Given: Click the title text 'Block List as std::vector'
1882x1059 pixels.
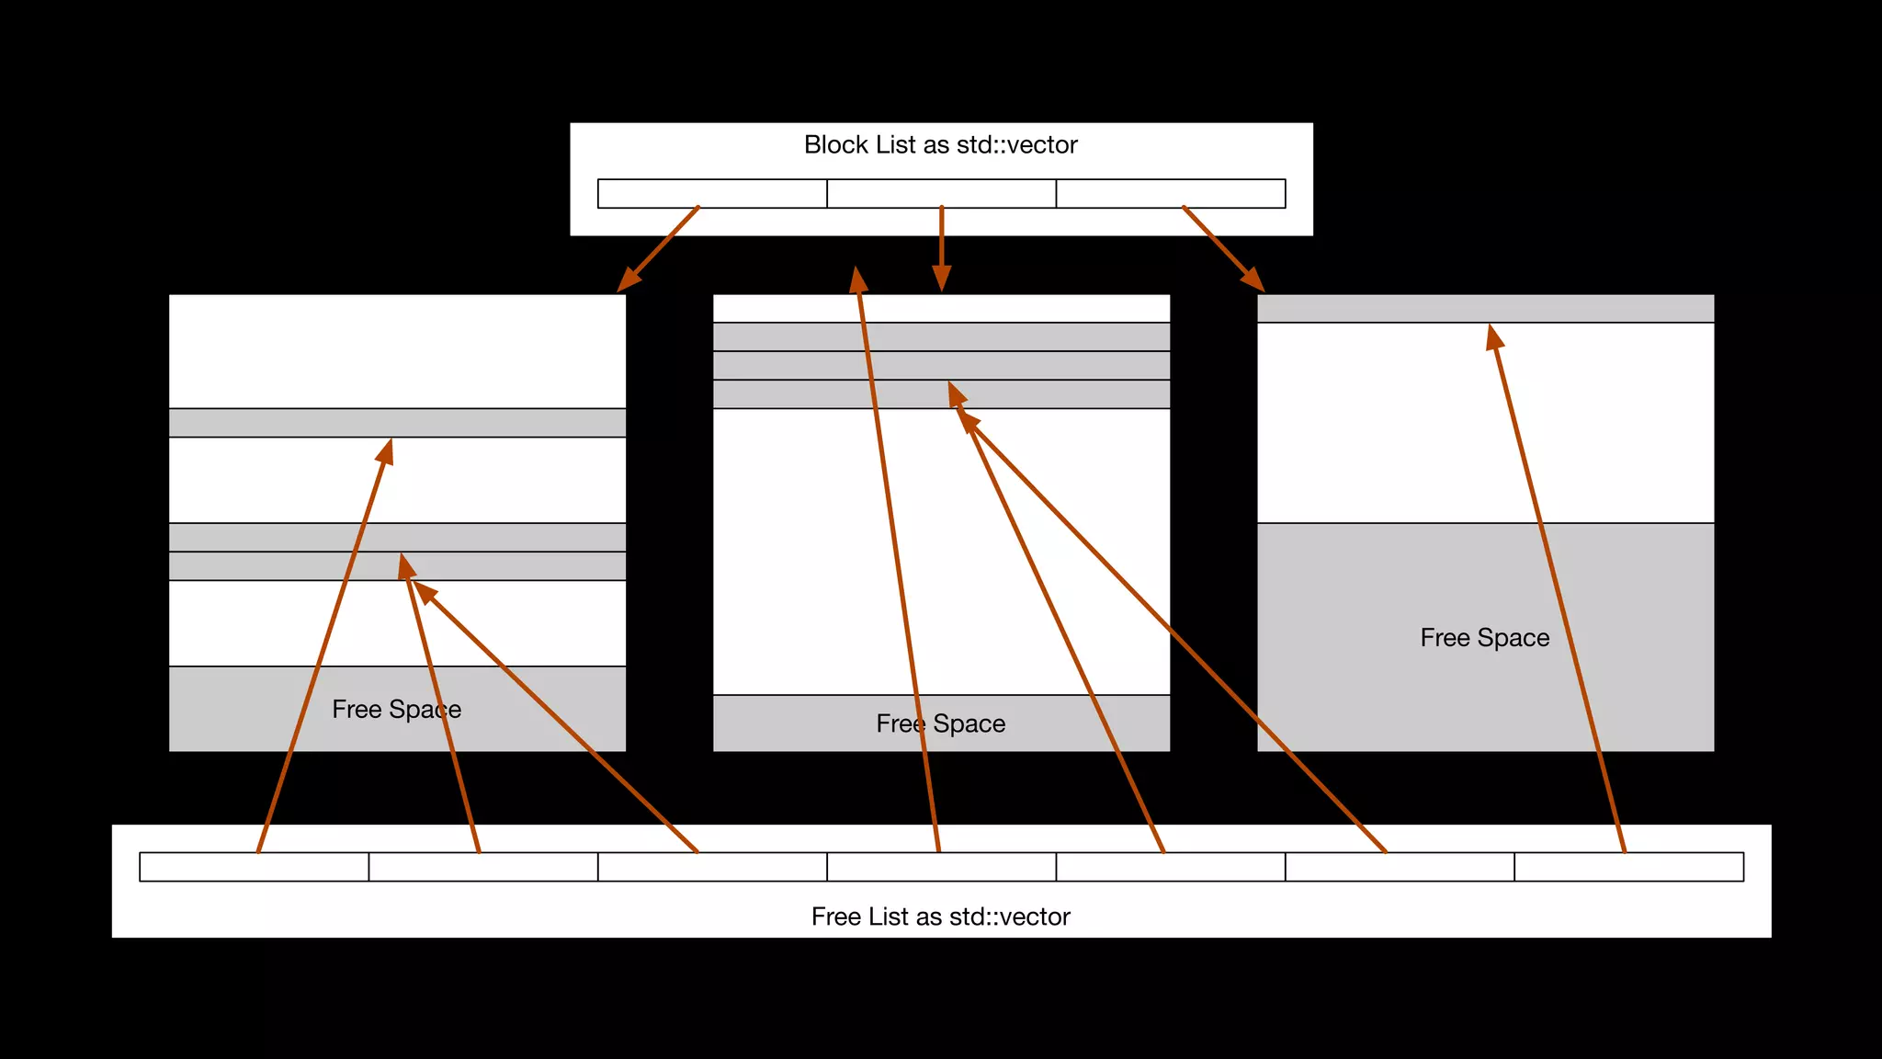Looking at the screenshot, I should pyautogui.click(x=940, y=145).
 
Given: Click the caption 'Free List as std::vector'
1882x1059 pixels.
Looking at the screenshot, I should pyautogui.click(x=940, y=917).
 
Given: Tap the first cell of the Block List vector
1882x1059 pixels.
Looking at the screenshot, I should pyautogui.click(x=712, y=194).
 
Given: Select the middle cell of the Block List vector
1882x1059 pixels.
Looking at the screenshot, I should pyautogui.click(x=941, y=194).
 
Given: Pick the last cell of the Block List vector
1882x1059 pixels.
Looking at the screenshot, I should pyautogui.click(x=1170, y=194).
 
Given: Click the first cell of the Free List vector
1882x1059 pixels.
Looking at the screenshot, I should pyautogui.click(x=254, y=867).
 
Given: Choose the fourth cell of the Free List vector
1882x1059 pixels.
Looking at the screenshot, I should pyautogui.click(x=941, y=867).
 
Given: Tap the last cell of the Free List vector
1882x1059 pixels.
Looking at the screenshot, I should pyautogui.click(x=1628, y=867).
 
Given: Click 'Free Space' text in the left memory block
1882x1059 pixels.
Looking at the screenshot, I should pyautogui.click(x=396, y=710).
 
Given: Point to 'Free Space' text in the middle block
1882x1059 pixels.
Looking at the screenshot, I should pyautogui.click(x=940, y=724).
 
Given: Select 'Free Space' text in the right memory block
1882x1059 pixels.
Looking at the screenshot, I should pyautogui.click(x=1484, y=638).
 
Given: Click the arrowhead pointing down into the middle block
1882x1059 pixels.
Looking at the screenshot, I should pyautogui.click(x=941, y=278).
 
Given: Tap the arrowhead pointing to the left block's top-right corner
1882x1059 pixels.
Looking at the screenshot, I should pyautogui.click(x=629, y=279).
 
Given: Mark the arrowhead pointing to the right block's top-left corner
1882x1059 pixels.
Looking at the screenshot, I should pyautogui.click(x=1253, y=279).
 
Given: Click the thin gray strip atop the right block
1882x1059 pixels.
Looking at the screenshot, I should pyautogui.click(x=1485, y=309).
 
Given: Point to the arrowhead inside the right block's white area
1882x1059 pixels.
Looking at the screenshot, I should pyautogui.click(x=1495, y=337).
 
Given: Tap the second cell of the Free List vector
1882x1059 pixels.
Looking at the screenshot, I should pyautogui.click(x=483, y=867).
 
